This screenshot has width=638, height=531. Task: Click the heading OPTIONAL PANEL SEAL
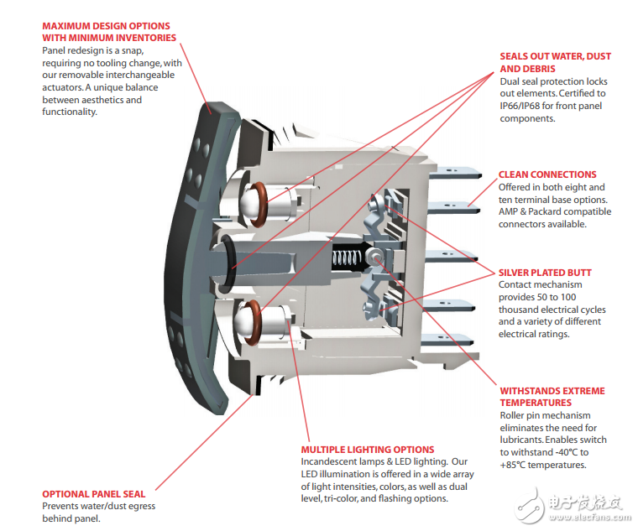tap(93, 494)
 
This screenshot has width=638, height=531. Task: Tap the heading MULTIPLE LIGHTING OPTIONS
tap(368, 450)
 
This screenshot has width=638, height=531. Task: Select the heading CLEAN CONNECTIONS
tap(547, 174)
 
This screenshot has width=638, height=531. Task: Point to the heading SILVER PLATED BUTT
tap(545, 273)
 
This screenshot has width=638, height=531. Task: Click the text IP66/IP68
tap(520, 107)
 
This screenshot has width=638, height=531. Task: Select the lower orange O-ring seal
tap(253, 322)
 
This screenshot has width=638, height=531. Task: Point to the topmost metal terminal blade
tap(456, 174)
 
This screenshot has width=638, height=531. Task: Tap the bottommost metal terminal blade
tap(447, 340)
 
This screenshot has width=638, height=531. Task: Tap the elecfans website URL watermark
tap(590, 518)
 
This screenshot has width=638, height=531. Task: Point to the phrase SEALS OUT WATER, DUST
tap(556, 56)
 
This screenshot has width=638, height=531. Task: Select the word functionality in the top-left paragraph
tap(70, 112)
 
